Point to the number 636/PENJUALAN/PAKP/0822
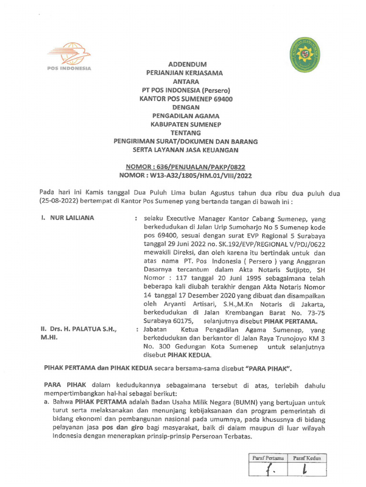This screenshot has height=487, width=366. (201, 167)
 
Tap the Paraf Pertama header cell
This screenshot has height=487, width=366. (268, 458)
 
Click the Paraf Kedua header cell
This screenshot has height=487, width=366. (306, 458)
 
